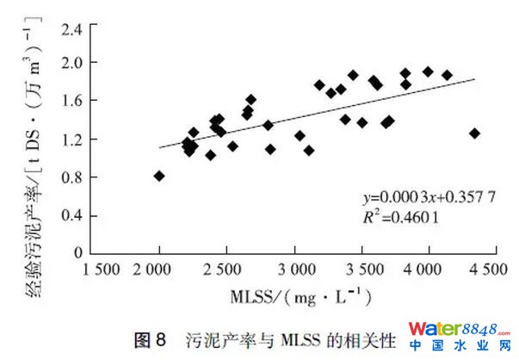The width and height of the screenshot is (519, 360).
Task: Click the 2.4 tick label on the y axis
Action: [x=73, y=29]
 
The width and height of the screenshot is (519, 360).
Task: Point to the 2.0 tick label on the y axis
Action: [x=73, y=62]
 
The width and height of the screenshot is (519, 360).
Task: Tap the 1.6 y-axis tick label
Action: [x=73, y=101]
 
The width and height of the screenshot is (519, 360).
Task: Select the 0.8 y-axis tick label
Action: [x=73, y=177]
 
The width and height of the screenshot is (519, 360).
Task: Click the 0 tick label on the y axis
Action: [x=80, y=253]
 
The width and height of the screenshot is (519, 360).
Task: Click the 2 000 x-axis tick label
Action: [x=159, y=270]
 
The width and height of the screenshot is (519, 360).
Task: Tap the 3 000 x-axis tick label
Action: [x=295, y=270]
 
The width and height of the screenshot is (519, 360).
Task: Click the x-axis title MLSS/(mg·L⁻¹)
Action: [x=300, y=299]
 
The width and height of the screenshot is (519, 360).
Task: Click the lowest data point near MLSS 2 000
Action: [x=159, y=176]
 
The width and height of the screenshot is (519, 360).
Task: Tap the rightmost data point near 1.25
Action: [x=474, y=133]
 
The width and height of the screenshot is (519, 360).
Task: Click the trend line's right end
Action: [x=474, y=78]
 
